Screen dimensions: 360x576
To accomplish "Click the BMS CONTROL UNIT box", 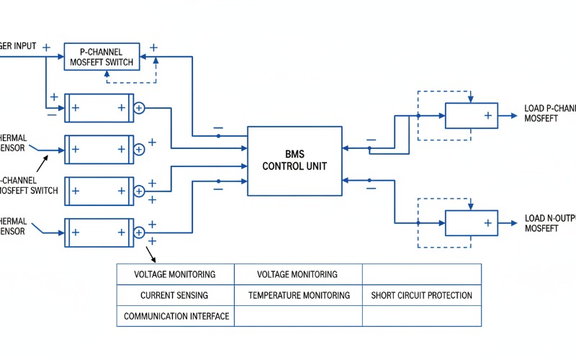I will [294, 161].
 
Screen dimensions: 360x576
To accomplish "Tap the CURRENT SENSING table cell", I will [174, 295].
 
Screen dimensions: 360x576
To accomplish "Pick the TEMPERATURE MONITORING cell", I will [299, 295].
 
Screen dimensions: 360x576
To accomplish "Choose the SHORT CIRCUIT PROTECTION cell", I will [421, 295].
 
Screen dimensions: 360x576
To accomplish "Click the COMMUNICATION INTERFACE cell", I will [176, 316].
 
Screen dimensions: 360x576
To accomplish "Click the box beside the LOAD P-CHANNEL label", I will [471, 115].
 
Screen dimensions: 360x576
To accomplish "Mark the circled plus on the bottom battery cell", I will [140, 232].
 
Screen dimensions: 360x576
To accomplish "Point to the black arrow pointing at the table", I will [152, 253].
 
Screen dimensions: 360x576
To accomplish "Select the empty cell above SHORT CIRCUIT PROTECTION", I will [421, 274].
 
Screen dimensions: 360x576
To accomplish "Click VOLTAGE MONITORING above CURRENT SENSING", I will [174, 274].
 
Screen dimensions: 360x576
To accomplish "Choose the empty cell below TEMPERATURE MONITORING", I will [299, 316].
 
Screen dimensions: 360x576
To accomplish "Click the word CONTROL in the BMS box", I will [281, 166].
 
